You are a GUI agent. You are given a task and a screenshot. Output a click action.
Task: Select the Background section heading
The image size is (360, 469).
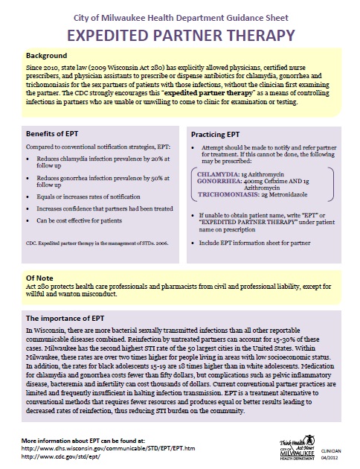pyautogui.click(x=48, y=56)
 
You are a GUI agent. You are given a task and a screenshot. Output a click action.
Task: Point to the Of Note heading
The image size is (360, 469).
pyautogui.click(x=41, y=277)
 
